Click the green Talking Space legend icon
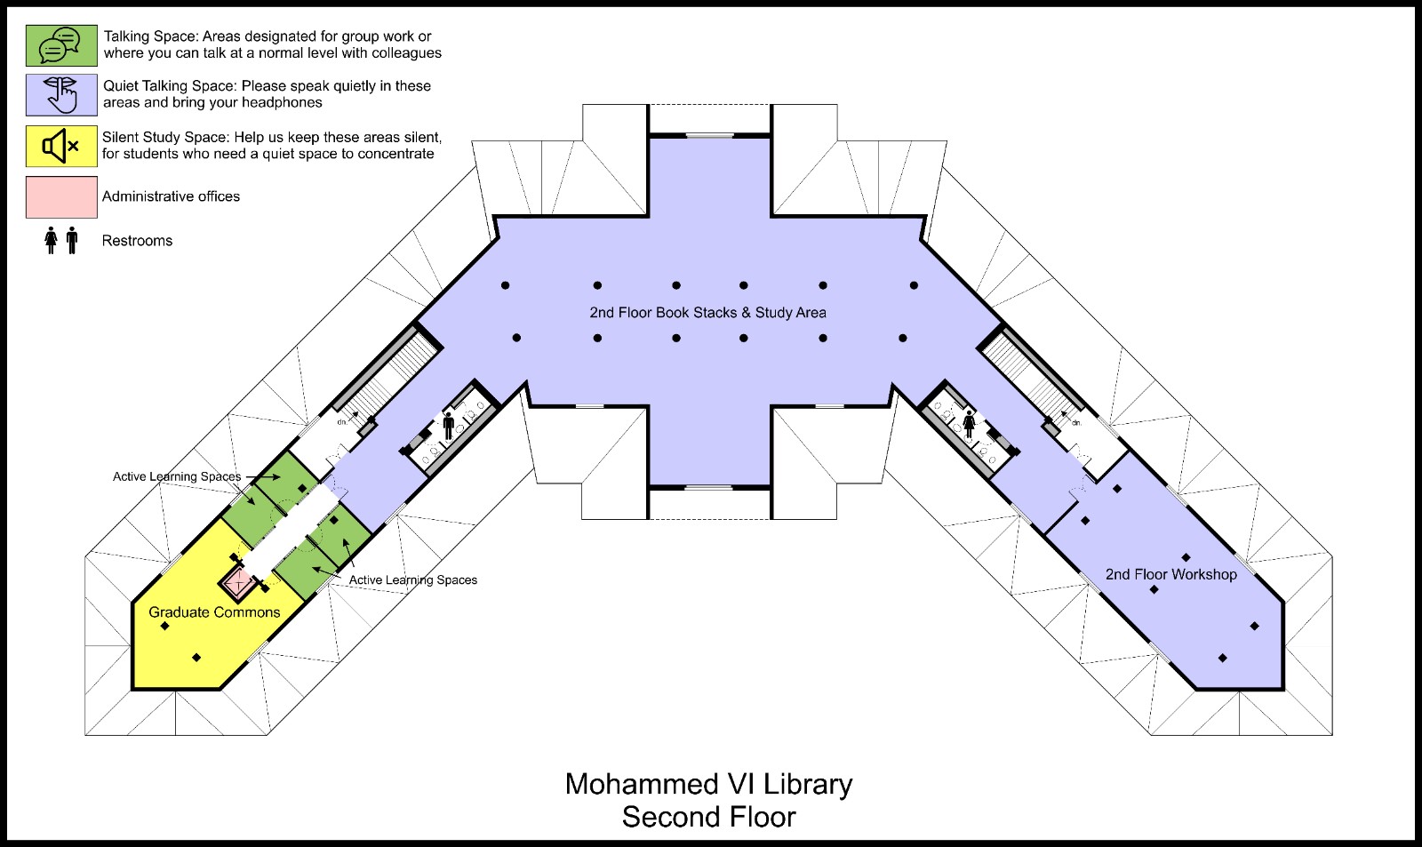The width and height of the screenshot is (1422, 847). [x=61, y=45]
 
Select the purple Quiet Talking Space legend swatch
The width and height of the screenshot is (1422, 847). [x=61, y=95]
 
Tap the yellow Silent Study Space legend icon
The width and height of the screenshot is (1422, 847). [x=61, y=146]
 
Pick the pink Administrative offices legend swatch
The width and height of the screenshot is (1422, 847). [x=61, y=196]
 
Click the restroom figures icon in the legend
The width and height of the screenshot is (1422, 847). [x=61, y=241]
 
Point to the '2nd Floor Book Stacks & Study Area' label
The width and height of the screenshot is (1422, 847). [x=707, y=312]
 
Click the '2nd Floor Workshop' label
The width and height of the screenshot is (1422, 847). [x=1171, y=575]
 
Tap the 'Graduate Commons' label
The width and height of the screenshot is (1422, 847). [x=214, y=612]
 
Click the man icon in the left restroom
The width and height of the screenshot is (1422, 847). [x=449, y=426]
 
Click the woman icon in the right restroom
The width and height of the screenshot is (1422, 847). [x=970, y=423]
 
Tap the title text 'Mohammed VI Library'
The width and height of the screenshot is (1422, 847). [x=709, y=784]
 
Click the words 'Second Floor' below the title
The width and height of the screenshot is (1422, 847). [x=709, y=817]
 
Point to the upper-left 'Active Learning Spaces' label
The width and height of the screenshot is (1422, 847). [x=177, y=476]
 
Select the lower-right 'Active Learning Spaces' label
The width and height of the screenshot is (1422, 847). [x=413, y=579]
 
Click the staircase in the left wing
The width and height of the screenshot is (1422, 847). [x=387, y=381]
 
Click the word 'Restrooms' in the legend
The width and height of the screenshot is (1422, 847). [x=137, y=241]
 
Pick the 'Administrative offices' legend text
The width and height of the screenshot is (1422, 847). [x=171, y=196]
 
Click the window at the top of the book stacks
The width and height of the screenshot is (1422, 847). [x=710, y=135]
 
